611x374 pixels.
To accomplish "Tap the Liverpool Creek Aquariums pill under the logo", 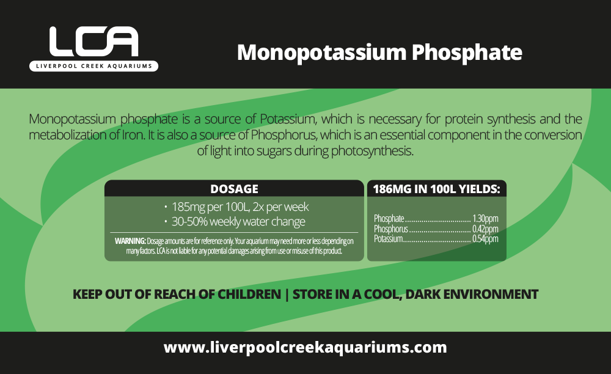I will click(x=93, y=66).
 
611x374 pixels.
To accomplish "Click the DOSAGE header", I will click(x=234, y=189).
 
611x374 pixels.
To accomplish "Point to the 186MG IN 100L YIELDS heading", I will click(x=436, y=189).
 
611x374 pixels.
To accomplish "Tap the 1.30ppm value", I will click(x=485, y=219).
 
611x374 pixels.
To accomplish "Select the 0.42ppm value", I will click(x=485, y=229).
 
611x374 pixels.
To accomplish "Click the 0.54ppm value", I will click(x=485, y=239).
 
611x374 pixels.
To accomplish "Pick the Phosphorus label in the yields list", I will click(x=390, y=229).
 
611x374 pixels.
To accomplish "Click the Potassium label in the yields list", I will click(x=388, y=239).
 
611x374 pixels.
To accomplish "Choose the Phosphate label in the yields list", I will click(x=389, y=219).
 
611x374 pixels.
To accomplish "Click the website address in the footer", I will click(x=305, y=348).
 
